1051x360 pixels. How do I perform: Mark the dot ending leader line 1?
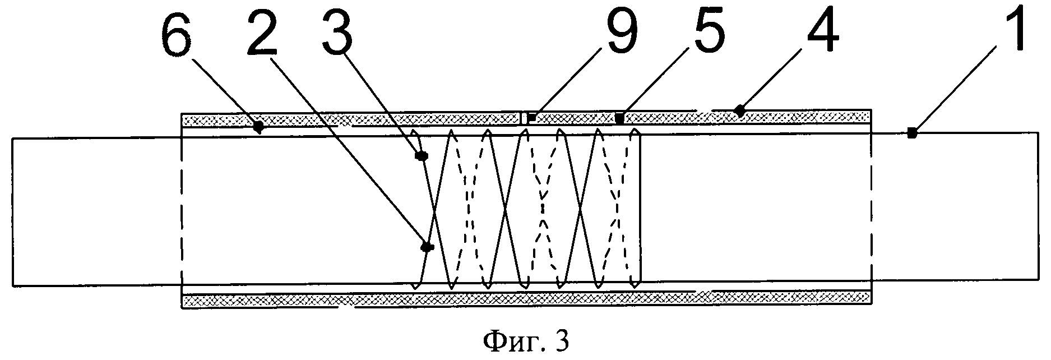coord(912,133)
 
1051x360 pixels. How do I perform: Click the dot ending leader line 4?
coord(740,110)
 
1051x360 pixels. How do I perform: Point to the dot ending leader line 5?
coord(619,118)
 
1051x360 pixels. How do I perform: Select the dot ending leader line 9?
coord(531,118)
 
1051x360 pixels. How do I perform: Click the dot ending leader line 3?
coord(420,157)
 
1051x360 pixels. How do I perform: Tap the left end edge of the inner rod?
coord(12,210)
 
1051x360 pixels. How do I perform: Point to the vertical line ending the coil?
coord(640,207)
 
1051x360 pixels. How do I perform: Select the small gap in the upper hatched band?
coord(523,118)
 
